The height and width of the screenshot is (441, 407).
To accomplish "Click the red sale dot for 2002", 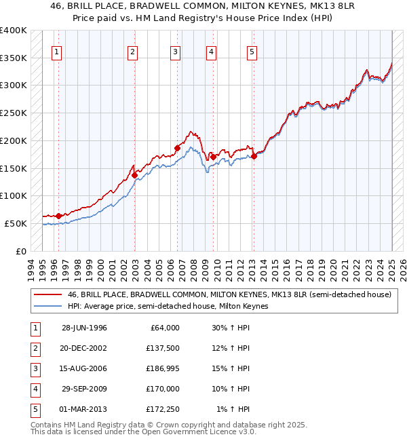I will pyautogui.click(x=134, y=175).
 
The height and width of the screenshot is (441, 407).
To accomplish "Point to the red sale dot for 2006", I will pyautogui.click(x=177, y=147).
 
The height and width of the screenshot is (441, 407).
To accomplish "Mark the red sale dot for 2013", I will pyautogui.click(x=254, y=156).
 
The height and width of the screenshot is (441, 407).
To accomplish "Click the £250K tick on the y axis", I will pyautogui.click(x=14, y=113).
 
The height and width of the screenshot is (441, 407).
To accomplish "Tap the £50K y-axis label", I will pyautogui.click(x=16, y=223).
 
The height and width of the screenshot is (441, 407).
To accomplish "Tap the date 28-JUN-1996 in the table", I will pyautogui.click(x=84, y=328).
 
